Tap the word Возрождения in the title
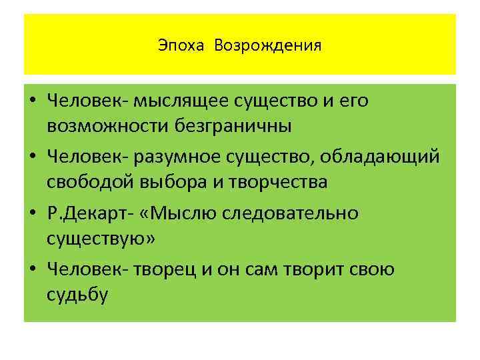[x=268, y=46]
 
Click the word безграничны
[x=215, y=125]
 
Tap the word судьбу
[x=77, y=293]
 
